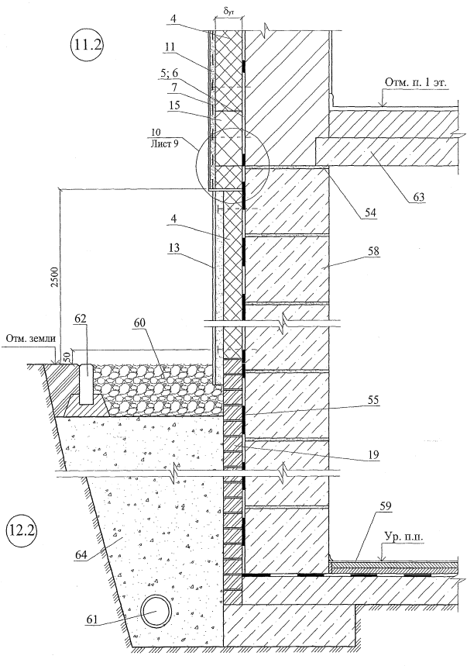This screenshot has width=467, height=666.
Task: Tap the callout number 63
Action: pos(417,196)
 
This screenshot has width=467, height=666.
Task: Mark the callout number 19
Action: pos(374,455)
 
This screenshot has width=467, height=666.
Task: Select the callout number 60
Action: pos(139,323)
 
